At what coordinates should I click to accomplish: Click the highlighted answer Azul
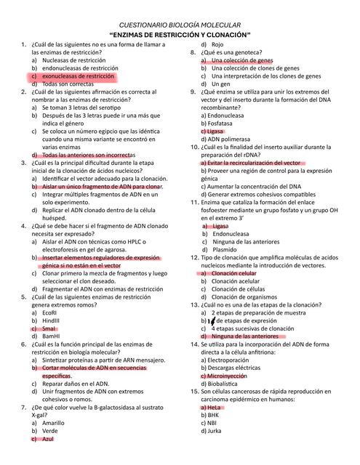[48, 440]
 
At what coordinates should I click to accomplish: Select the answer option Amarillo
[53, 423]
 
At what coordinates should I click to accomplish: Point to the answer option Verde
[50, 431]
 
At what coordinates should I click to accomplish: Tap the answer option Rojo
[218, 44]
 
